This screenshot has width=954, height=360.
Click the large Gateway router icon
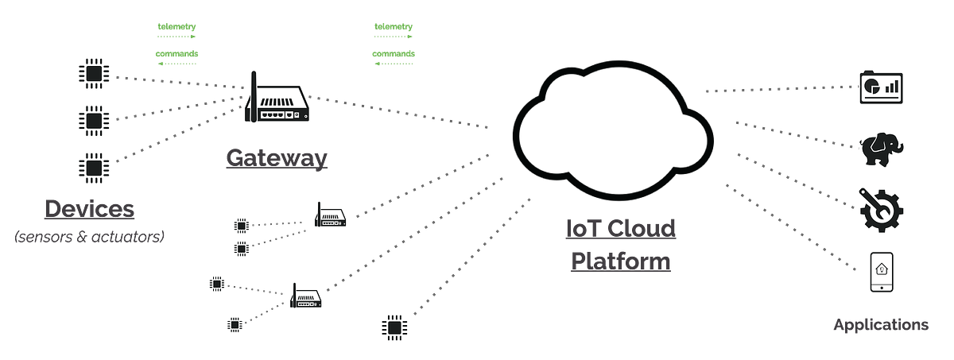click(276, 100)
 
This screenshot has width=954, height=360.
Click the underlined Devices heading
click(90, 209)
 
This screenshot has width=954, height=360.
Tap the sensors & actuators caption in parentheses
click(90, 237)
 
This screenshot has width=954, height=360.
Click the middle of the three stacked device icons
click(92, 122)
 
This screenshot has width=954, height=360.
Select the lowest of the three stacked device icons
click(92, 165)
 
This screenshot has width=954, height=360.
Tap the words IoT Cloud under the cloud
click(619, 230)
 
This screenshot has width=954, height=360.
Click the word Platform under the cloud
click(620, 261)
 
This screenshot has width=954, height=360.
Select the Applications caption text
click(880, 325)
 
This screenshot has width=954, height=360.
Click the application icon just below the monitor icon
click(881, 146)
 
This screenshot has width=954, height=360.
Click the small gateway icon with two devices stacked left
click(331, 216)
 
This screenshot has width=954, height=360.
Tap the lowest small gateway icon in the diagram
click(306, 299)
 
